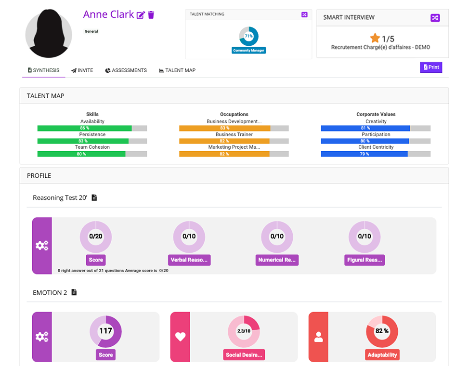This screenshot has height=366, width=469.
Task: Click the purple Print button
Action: pyautogui.click(x=431, y=67)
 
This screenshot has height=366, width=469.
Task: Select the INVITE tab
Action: pyautogui.click(x=82, y=70)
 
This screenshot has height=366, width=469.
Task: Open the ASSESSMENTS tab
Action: pyautogui.click(x=126, y=70)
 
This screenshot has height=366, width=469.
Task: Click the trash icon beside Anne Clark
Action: pyautogui.click(x=151, y=15)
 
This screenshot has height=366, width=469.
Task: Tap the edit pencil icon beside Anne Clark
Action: pyautogui.click(x=141, y=15)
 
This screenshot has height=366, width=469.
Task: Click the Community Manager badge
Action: pyautogui.click(x=248, y=50)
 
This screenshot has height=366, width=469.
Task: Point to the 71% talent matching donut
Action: pyautogui.click(x=248, y=36)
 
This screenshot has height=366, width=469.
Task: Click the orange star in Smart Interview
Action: pyautogui.click(x=375, y=38)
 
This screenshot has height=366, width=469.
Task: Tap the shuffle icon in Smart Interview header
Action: pyautogui.click(x=435, y=18)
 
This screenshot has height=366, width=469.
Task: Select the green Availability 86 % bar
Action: pyautogui.click(x=84, y=129)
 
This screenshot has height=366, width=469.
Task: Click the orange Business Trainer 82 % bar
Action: pyautogui.click(x=224, y=141)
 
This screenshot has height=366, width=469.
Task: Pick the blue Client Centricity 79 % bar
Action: pyautogui.click(x=364, y=154)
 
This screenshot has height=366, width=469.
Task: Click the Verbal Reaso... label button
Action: pyautogui.click(x=189, y=260)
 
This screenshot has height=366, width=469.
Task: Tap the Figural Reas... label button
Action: pyautogui.click(x=365, y=260)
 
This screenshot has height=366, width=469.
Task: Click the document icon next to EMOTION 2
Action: pyautogui.click(x=74, y=292)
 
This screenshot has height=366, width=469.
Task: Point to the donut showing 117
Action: pyautogui.click(x=105, y=331)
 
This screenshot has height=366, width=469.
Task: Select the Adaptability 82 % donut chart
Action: pyautogui.click(x=382, y=331)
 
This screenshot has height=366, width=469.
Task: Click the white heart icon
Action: pyautogui.click(x=180, y=337)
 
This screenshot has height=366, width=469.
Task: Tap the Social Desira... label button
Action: pyautogui.click(x=244, y=355)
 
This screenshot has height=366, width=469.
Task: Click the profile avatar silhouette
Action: pyautogui.click(x=49, y=34)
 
